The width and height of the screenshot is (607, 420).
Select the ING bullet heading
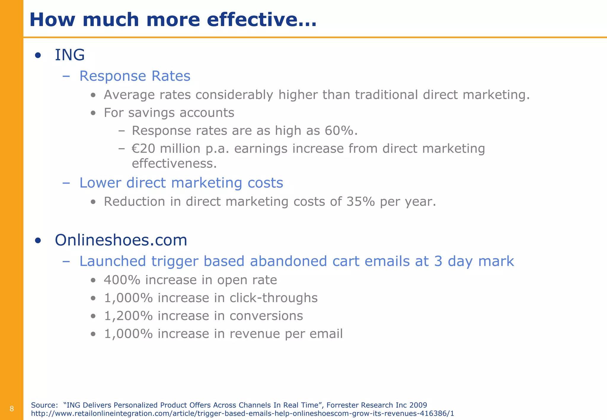(x=70, y=55)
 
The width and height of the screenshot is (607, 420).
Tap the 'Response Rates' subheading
(x=135, y=76)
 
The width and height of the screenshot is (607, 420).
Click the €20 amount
(x=143, y=149)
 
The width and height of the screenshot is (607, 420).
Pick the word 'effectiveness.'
(x=174, y=163)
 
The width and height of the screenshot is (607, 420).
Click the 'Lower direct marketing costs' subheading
(x=181, y=183)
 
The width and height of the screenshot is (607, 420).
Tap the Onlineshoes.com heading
(x=121, y=240)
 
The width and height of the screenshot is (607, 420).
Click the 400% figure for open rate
(x=122, y=280)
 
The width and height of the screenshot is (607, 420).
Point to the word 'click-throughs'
(x=273, y=298)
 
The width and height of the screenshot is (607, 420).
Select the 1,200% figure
(x=128, y=316)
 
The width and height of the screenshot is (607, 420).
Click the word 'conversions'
(x=266, y=316)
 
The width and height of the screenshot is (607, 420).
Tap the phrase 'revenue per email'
(x=286, y=334)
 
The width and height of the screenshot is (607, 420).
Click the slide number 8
(x=12, y=409)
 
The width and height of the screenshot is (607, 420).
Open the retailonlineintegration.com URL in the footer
(x=242, y=413)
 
